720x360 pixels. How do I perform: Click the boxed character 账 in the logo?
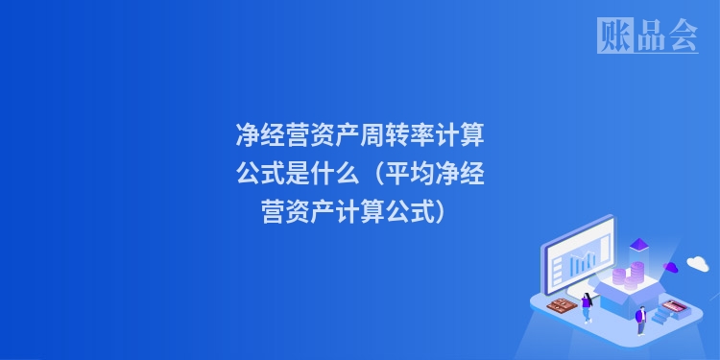(x=613, y=36)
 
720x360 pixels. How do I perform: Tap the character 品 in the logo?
(x=648, y=36)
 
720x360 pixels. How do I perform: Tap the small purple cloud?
(x=671, y=266)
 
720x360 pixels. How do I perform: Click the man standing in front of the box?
(x=640, y=318)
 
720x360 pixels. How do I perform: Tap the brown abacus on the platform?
(x=560, y=305)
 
